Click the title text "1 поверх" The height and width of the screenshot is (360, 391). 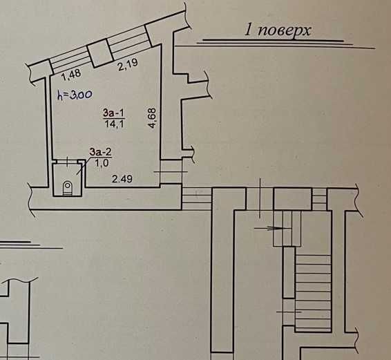[278, 30]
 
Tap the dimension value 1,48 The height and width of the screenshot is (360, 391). [71, 75]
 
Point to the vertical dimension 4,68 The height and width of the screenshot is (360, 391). [152, 117]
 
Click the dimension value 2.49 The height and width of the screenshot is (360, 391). [122, 179]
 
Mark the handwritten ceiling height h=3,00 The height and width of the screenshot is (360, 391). [75, 95]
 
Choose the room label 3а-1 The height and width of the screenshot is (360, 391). [114, 113]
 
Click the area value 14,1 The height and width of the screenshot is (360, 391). [114, 124]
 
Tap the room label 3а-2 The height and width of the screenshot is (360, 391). [101, 152]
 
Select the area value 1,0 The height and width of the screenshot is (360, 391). [102, 163]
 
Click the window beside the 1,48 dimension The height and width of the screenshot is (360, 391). [70, 61]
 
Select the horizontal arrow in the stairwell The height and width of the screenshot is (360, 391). [273, 228]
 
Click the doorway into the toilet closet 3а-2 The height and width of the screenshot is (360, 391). [67, 162]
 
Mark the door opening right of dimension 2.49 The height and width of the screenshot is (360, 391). [171, 171]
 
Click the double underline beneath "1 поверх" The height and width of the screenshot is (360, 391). [286, 44]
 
